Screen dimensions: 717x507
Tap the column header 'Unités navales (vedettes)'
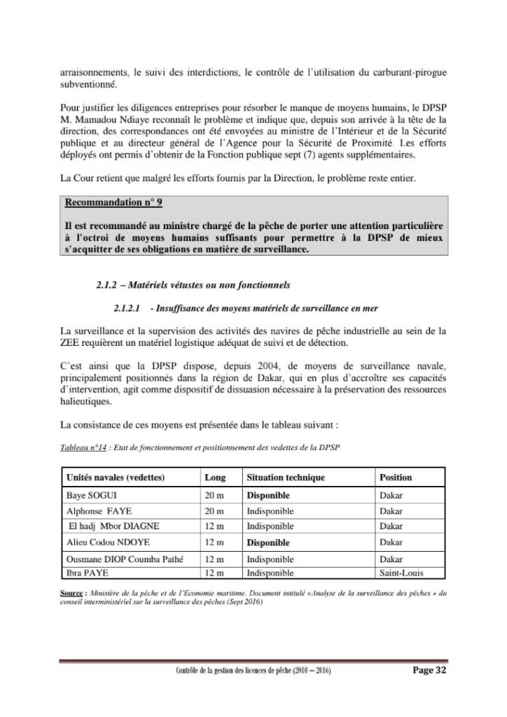click(115, 478)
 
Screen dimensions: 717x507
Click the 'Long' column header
click(215, 478)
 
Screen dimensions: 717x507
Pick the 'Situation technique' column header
click(286, 478)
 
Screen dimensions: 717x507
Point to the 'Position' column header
click(396, 478)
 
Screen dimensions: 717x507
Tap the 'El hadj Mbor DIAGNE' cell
click(113, 527)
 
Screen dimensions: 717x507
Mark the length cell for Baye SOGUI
click(214, 496)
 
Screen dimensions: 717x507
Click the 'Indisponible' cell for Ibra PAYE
click(270, 573)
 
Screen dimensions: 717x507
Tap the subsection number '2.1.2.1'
click(127, 308)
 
